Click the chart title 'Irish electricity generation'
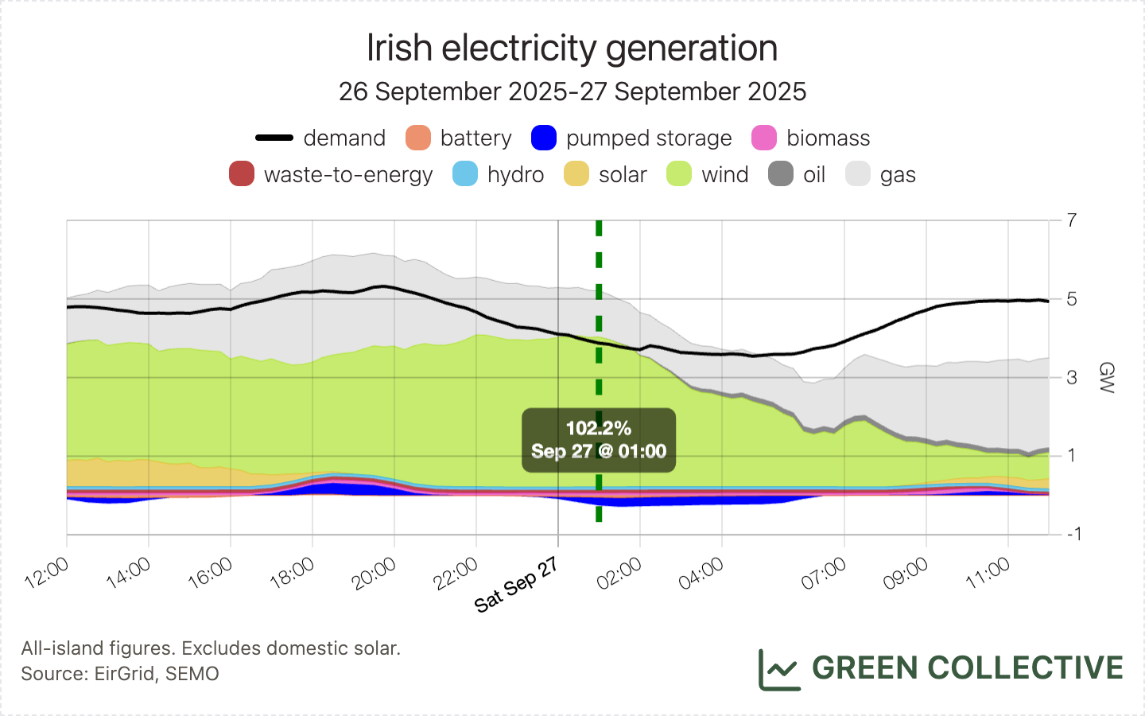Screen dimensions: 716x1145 tap(572, 48)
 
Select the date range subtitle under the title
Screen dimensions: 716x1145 tap(572, 91)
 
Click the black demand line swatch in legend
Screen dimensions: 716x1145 tap(274, 138)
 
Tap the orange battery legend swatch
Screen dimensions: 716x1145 tap(418, 138)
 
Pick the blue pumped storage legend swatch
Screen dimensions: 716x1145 tap(544, 138)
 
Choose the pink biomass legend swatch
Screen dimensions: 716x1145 tap(764, 138)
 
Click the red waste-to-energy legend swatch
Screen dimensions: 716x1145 tap(242, 174)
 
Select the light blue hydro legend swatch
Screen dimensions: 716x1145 tap(465, 174)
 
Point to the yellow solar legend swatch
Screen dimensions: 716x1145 tap(576, 174)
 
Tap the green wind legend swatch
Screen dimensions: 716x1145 tap(679, 174)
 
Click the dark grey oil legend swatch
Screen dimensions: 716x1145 tap(781, 174)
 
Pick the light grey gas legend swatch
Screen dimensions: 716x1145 tap(858, 174)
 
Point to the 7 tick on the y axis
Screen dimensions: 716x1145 tap(1073, 220)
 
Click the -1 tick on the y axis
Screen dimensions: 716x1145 tap(1073, 534)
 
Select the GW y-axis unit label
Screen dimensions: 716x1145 tap(1106, 377)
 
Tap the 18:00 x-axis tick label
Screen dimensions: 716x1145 tap(292, 573)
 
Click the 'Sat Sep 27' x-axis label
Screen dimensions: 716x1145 tap(516, 585)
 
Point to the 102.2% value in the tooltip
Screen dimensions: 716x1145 tap(599, 428)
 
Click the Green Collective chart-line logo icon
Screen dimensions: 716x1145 tap(778, 669)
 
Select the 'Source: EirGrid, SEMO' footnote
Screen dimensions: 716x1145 tap(120, 674)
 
